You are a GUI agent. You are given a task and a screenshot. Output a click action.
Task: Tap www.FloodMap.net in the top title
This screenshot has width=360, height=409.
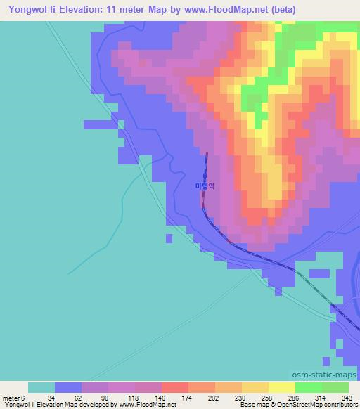click(x=221, y=10)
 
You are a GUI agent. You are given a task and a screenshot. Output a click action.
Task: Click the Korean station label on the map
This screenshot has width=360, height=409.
click(x=205, y=186)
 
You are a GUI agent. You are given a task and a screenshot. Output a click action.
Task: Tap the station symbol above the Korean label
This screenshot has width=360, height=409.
click(x=205, y=176)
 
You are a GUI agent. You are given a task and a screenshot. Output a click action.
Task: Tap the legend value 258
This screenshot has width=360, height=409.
click(x=269, y=398)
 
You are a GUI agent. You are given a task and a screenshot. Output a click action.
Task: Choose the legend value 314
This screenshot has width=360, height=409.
click(x=321, y=398)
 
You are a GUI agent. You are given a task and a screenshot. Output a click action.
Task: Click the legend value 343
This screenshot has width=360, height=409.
click(x=348, y=398)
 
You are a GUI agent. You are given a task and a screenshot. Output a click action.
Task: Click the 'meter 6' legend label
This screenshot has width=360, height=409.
click(x=14, y=398)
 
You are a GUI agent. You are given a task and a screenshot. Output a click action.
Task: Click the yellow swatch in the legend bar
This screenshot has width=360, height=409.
click(x=282, y=387)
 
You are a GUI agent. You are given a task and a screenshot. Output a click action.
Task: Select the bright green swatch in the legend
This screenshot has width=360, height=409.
click(x=309, y=387)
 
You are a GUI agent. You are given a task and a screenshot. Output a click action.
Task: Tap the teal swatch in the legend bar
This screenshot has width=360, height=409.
click(x=41, y=387)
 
